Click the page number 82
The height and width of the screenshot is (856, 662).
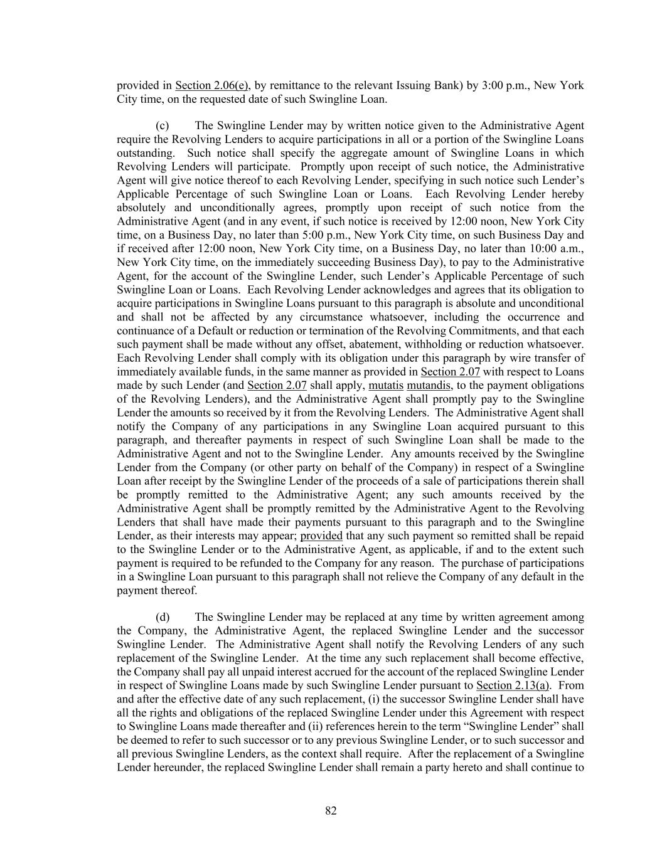[331, 811]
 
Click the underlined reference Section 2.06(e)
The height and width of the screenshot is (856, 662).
[211, 85]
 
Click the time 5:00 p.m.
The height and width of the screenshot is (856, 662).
[327, 235]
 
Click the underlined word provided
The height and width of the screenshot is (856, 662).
[321, 536]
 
